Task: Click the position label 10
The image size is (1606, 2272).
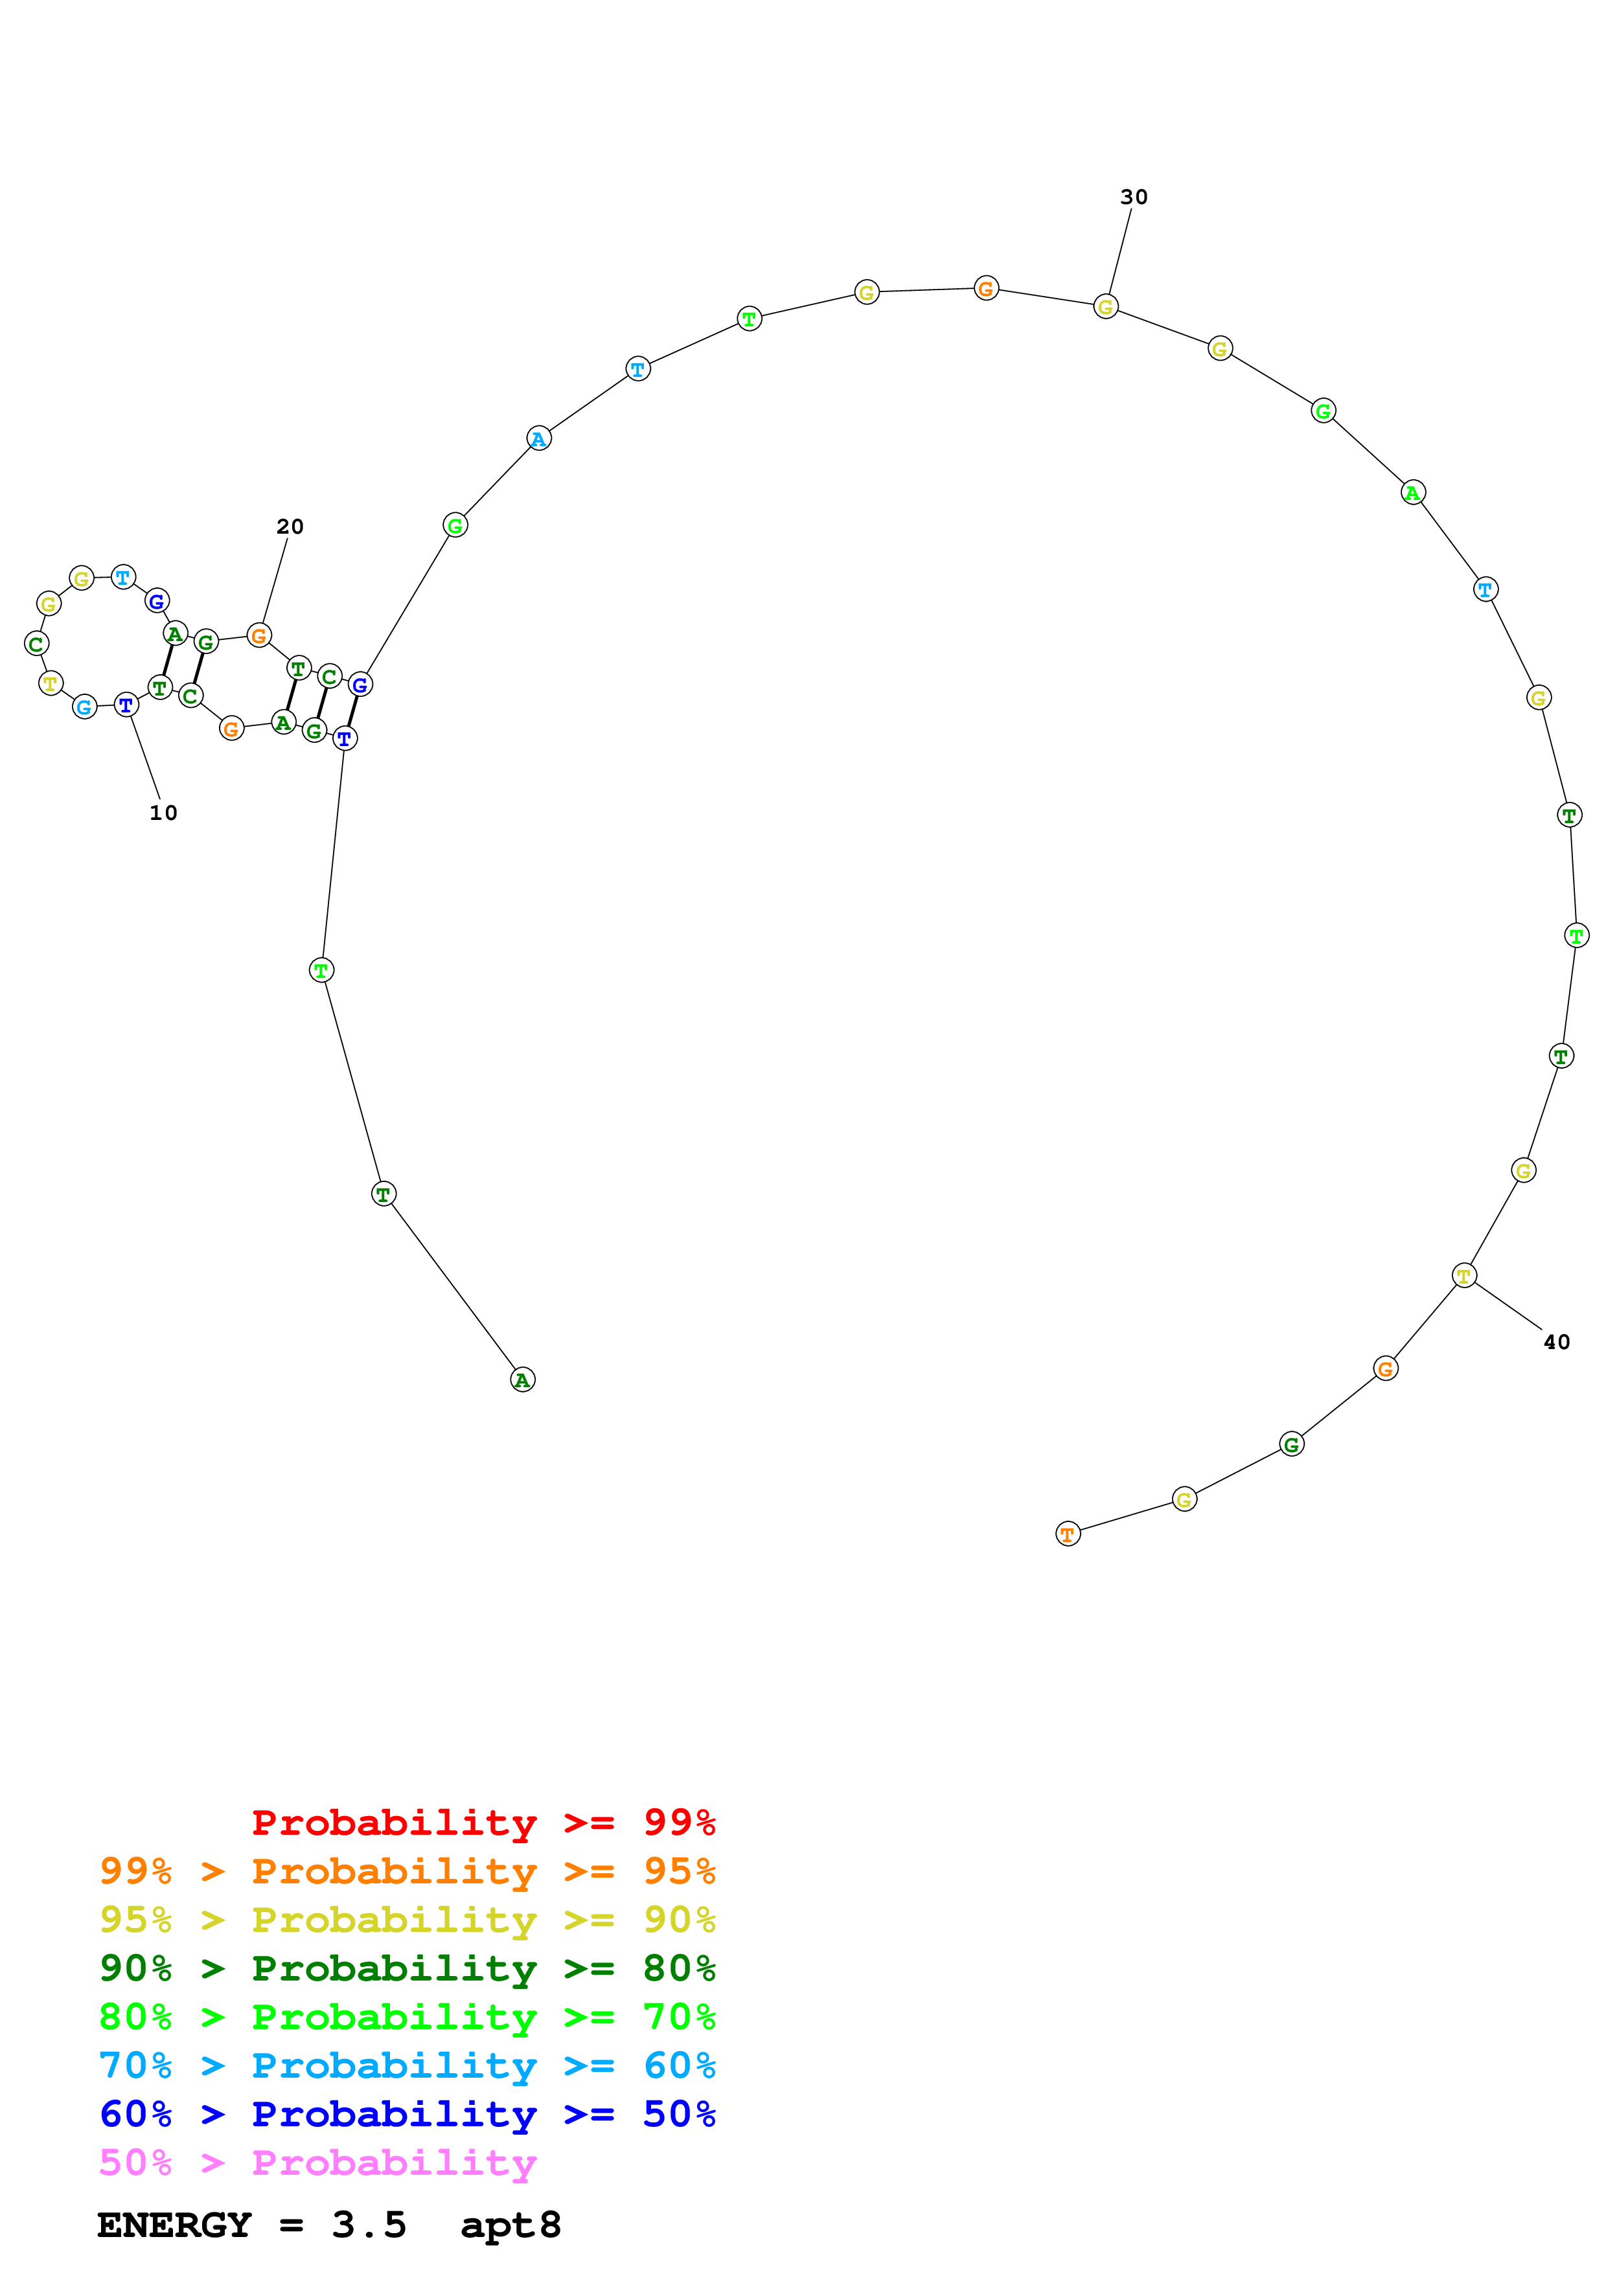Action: coord(163,812)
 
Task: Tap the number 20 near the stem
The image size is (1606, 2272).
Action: coord(289,527)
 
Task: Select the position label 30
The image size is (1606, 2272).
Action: coord(1133,197)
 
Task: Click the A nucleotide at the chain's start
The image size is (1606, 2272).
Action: coord(522,1380)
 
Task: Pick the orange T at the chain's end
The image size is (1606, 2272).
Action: coord(1067,1535)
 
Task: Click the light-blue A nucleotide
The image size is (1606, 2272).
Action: coord(538,438)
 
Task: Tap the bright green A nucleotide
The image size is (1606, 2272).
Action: coord(1412,492)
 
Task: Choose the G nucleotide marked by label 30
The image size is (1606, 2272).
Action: coord(1105,307)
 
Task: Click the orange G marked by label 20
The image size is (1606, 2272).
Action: coord(258,635)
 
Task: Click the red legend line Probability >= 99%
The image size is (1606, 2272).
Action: coord(483,1822)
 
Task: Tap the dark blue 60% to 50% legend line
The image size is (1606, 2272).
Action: coord(407,2114)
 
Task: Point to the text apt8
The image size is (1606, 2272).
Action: coord(510,2225)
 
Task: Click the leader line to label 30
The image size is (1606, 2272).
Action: coord(1119,253)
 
